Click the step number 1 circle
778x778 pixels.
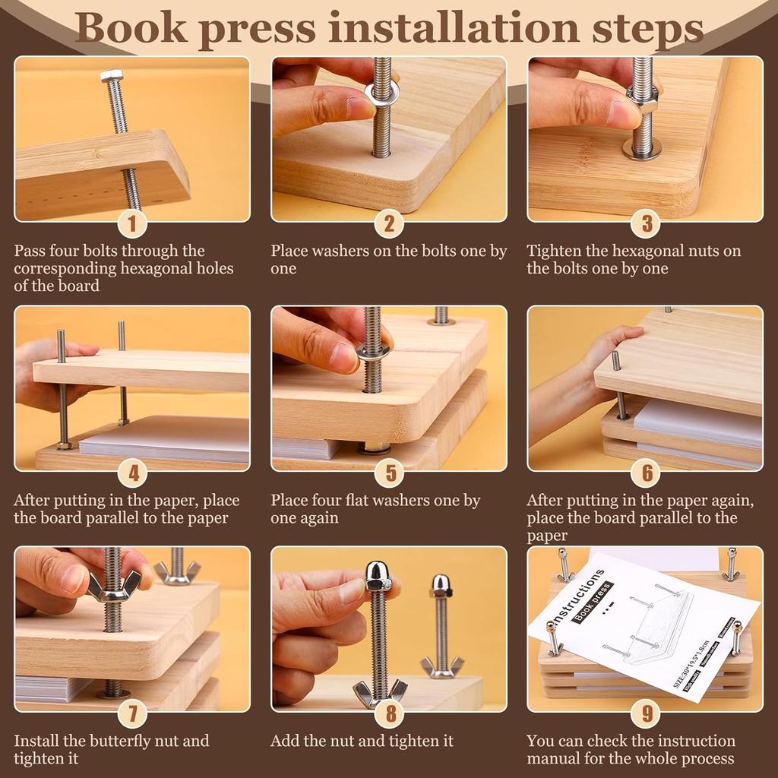[133, 223]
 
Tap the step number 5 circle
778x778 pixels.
[390, 473]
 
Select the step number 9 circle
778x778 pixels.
[646, 714]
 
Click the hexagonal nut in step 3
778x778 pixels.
[642, 100]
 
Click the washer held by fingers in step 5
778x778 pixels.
[372, 350]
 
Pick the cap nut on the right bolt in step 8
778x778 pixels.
[441, 585]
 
